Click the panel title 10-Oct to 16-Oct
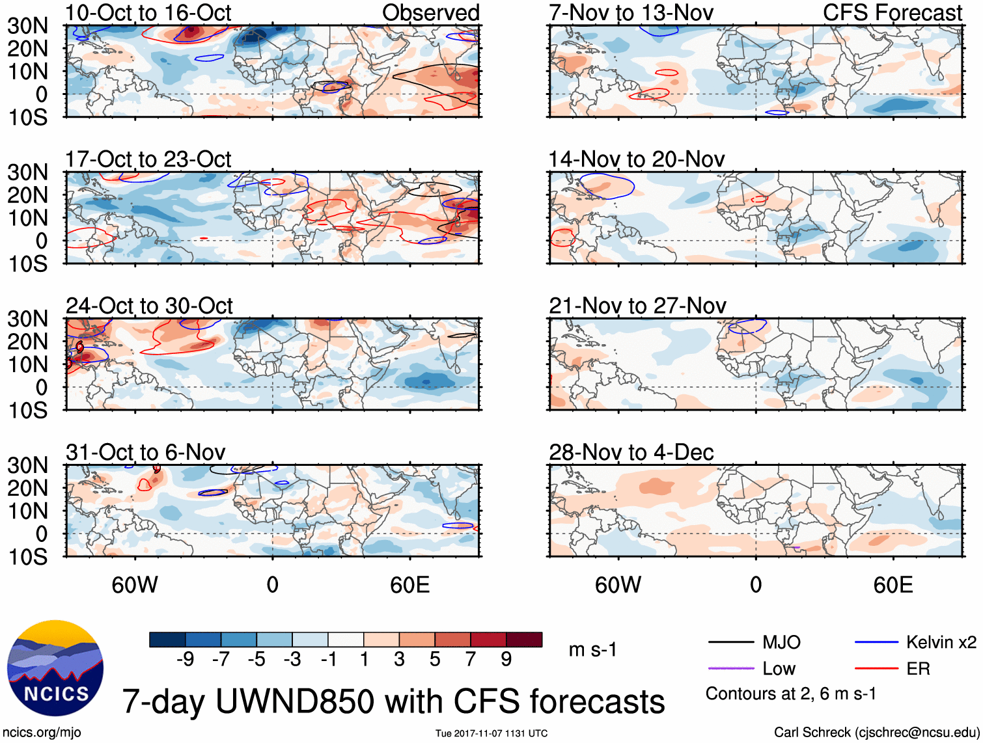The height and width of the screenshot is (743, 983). [x=148, y=12]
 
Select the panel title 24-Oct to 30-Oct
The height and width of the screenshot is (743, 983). [x=149, y=306]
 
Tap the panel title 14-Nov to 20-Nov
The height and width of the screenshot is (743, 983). [x=637, y=159]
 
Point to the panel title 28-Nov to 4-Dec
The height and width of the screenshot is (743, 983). [x=631, y=452]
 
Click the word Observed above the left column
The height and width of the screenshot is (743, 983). [x=430, y=12]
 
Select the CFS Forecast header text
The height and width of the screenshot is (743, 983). [x=893, y=12]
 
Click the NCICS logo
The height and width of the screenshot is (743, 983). [x=55, y=669]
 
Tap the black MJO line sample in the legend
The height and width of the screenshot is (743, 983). [x=731, y=643]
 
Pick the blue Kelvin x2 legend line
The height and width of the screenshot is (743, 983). [x=876, y=643]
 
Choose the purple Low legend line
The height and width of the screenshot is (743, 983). [x=731, y=669]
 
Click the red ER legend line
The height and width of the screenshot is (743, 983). [x=876, y=669]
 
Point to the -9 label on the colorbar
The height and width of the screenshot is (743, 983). [x=186, y=660]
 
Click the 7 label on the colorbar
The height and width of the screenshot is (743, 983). [x=471, y=660]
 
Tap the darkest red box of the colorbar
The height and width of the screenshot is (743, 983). [x=524, y=640]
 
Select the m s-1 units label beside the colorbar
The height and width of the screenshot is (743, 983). [x=592, y=649]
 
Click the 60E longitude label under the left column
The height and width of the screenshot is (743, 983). [x=409, y=585]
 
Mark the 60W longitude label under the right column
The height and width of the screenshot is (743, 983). [x=618, y=585]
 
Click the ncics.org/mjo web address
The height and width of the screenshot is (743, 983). [x=42, y=733]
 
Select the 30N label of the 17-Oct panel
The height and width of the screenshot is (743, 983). [x=27, y=172]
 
